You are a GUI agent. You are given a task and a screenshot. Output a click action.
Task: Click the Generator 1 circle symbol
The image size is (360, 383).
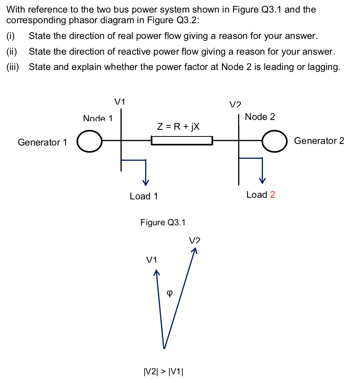click(89, 141)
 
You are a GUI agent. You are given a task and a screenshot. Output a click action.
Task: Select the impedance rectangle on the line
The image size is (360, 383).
click(182, 140)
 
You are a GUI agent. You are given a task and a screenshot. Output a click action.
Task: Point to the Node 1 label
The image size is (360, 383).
click(98, 118)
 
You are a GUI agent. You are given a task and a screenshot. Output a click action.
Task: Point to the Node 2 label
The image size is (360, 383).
click(260, 117)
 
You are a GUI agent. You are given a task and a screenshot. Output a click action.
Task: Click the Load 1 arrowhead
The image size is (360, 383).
click(146, 182)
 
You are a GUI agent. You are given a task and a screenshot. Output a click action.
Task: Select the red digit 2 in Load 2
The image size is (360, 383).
click(272, 195)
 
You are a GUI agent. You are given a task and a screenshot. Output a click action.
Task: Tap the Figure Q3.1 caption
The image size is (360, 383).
click(163, 223)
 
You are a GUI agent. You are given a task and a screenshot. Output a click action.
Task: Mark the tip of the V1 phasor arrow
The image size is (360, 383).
click(156, 271)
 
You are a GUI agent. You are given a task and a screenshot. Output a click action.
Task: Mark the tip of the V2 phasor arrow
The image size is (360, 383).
click(195, 249)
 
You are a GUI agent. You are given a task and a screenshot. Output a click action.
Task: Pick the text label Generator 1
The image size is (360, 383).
click(42, 142)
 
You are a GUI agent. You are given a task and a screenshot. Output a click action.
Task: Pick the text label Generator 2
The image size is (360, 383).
click(319, 141)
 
